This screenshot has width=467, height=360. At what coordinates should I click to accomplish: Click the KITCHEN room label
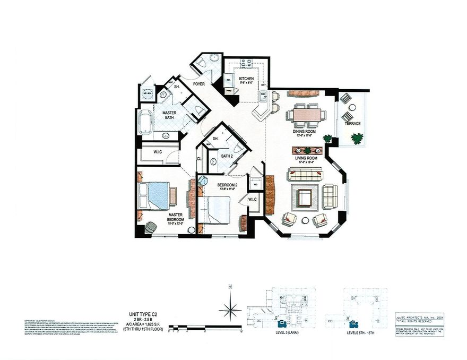(x=246, y=79)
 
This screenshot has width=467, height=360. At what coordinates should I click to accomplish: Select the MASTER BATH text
(x=169, y=115)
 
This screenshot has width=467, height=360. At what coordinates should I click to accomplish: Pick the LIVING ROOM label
(x=306, y=158)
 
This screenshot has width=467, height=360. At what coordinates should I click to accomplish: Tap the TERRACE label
(x=352, y=123)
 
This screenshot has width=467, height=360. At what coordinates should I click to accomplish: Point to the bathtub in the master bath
(x=144, y=122)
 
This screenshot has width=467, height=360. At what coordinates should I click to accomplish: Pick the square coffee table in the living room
(x=305, y=198)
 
